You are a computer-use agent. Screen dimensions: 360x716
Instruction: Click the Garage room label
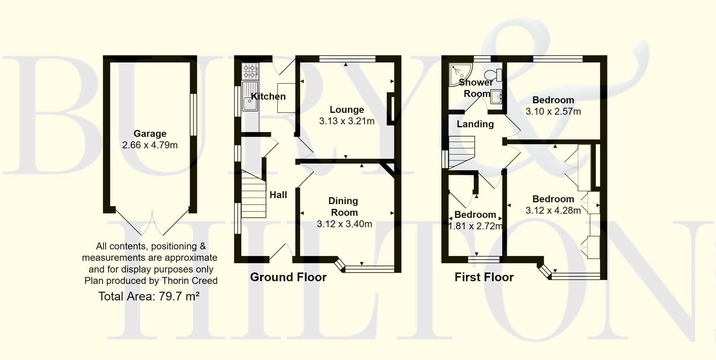tap(150, 134)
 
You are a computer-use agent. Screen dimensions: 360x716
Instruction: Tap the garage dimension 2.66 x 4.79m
tap(150, 145)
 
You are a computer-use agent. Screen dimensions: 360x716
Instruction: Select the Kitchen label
tap(268, 97)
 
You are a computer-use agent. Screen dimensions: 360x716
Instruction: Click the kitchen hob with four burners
tap(250, 71)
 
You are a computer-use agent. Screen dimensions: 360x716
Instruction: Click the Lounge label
tap(347, 110)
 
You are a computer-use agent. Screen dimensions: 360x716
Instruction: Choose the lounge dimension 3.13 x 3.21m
tap(347, 121)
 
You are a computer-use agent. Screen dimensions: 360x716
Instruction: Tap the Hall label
tap(278, 195)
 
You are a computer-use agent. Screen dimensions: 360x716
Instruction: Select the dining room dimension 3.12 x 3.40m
tap(344, 224)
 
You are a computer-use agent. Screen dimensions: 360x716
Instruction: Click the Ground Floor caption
tap(288, 277)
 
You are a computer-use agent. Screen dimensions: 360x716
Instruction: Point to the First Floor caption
tap(484, 277)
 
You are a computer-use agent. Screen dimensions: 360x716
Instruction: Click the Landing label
tap(475, 124)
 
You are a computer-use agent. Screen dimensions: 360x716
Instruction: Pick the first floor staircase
tap(462, 152)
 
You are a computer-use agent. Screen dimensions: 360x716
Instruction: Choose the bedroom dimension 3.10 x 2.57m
tap(553, 112)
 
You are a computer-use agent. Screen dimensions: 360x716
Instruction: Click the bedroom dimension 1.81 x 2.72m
tap(475, 226)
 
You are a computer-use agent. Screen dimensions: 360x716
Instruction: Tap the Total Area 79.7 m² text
tap(149, 296)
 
